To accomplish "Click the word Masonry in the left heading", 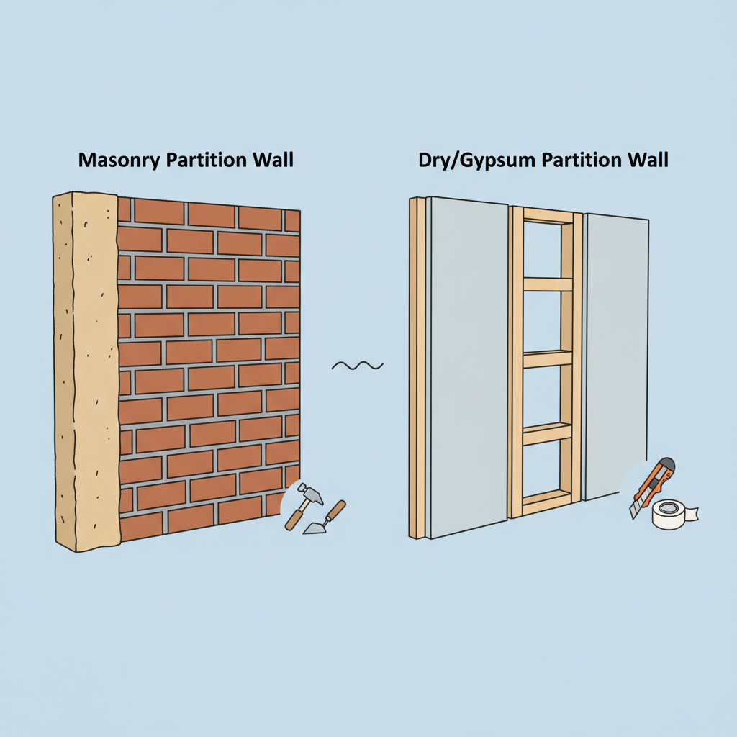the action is pyautogui.click(x=119, y=160).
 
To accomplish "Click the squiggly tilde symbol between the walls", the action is pyautogui.click(x=358, y=365).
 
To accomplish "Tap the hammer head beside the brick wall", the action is pyautogui.click(x=311, y=493).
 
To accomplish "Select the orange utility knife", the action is pyautogui.click(x=651, y=487).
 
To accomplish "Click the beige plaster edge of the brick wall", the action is pyautogui.click(x=86, y=371).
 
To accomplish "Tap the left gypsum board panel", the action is pyautogui.click(x=468, y=368).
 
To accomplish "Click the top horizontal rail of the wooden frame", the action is pyautogui.click(x=548, y=216).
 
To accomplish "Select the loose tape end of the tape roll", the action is pyautogui.click(x=691, y=514).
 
